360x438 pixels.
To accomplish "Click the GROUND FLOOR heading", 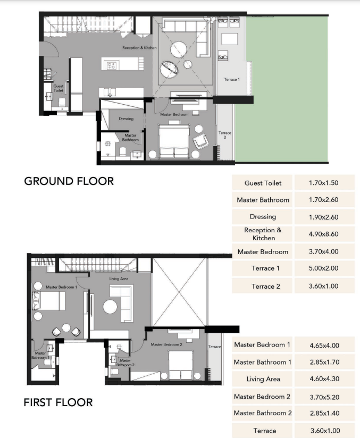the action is tap(69, 181).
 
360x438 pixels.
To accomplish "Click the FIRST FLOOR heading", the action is tap(58, 402).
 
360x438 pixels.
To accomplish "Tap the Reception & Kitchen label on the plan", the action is tap(139, 48).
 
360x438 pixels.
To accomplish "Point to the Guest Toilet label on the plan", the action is tap(58, 88).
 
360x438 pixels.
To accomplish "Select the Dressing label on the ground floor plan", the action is tap(126, 119).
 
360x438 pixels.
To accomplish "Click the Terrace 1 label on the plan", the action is tap(232, 79).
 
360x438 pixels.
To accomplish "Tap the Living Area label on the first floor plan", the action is tap(119, 279).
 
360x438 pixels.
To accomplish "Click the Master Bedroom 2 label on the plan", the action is tap(166, 344).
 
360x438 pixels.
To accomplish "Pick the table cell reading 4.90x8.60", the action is tap(324, 234).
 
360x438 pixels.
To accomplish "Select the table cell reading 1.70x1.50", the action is tap(324, 183).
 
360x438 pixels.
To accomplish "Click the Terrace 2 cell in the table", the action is tap(262, 286).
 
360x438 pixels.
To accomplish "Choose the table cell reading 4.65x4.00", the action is tap(324, 345).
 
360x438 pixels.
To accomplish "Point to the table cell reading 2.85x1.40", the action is tap(324, 413).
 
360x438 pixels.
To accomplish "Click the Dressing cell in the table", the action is tap(262, 217).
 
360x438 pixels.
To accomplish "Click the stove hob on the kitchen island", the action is tap(111, 65).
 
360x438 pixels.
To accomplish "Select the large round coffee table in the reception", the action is tap(179, 50).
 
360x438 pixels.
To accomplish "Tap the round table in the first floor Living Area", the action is tap(110, 307).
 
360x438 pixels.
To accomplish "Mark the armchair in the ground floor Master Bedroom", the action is tap(200, 141).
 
